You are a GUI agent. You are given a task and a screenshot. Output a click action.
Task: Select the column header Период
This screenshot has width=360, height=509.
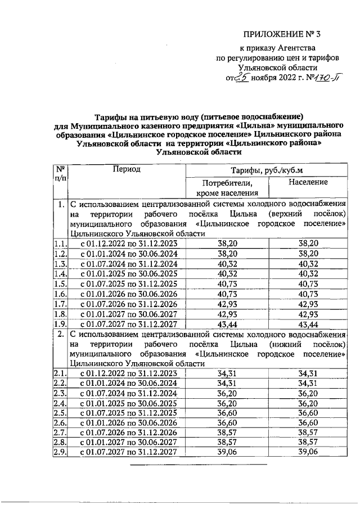click(126, 169)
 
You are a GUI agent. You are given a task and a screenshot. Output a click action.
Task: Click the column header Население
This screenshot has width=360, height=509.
click(308, 183)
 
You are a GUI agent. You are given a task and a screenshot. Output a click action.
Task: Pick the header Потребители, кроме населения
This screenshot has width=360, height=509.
click(227, 188)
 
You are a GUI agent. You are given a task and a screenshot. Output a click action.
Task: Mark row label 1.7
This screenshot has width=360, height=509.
click(60, 304)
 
